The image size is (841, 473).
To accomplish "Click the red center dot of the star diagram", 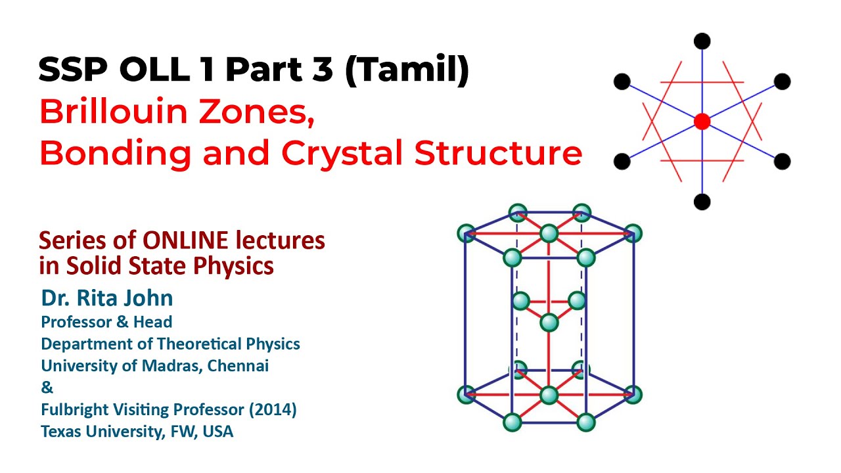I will (x=702, y=122).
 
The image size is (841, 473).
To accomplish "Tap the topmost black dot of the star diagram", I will (x=702, y=41).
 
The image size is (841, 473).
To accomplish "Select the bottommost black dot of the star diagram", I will (x=702, y=202).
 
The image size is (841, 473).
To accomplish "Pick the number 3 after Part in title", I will (x=321, y=70).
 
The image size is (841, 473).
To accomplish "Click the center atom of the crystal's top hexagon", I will (x=549, y=233).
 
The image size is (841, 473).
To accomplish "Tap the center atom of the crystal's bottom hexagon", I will (x=549, y=395).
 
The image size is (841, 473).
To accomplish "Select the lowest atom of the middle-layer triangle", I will (x=549, y=323).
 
